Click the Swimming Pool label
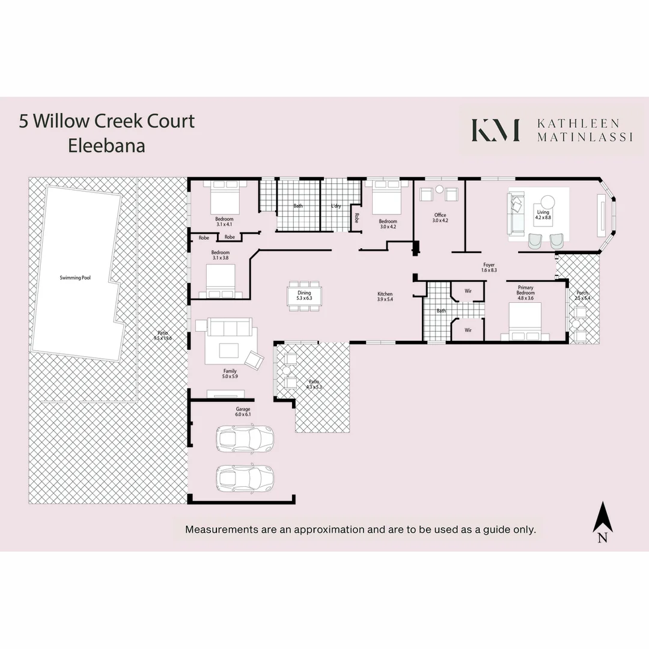point(75,278)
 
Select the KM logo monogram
point(495,130)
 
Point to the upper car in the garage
point(245,439)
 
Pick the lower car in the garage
point(245,478)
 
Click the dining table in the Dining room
point(304,296)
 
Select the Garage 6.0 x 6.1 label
point(243,412)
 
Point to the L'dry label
point(337,206)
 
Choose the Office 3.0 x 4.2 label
point(440,218)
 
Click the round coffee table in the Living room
point(547,202)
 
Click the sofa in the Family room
point(228,328)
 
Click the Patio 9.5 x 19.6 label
point(163,335)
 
